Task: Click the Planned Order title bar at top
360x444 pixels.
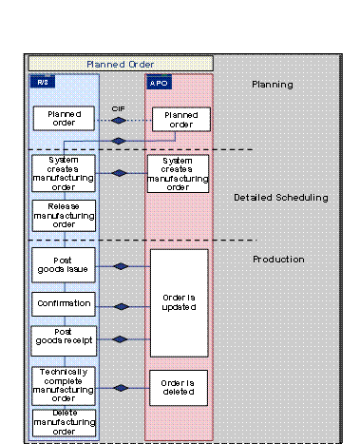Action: [x=120, y=64]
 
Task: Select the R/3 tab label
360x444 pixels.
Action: [x=42, y=83]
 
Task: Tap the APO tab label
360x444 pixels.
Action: [x=160, y=83]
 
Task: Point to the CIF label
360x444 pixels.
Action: [x=119, y=109]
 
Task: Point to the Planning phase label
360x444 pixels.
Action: [x=272, y=85]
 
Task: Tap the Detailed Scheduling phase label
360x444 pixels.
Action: [x=280, y=198]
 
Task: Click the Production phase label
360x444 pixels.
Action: [x=278, y=259]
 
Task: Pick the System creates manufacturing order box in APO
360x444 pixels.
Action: [x=178, y=173]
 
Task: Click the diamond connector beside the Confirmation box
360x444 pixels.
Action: [x=121, y=306]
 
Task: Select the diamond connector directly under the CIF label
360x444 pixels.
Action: [x=119, y=122]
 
